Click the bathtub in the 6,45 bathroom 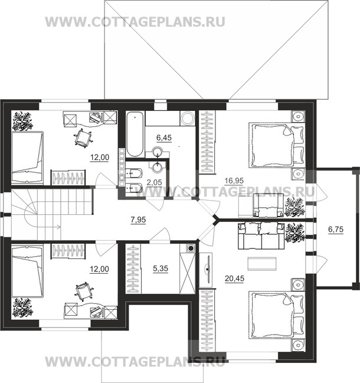[x=132, y=133]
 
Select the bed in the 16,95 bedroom [x=271, y=143]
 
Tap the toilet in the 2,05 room [x=133, y=175]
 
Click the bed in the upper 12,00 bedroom [x=27, y=153]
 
